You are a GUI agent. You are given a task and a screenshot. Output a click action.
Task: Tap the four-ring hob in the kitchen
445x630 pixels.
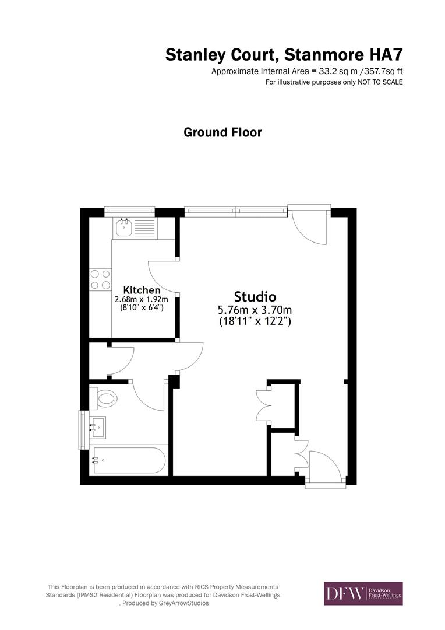click(100, 279)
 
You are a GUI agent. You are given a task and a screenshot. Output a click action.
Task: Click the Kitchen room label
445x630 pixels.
click(142, 290)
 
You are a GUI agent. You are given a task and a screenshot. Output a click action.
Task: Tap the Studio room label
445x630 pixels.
click(255, 296)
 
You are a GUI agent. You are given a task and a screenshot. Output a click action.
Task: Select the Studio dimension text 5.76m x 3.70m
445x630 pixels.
click(255, 309)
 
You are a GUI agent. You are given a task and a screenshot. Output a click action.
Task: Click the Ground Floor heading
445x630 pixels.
click(223, 132)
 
